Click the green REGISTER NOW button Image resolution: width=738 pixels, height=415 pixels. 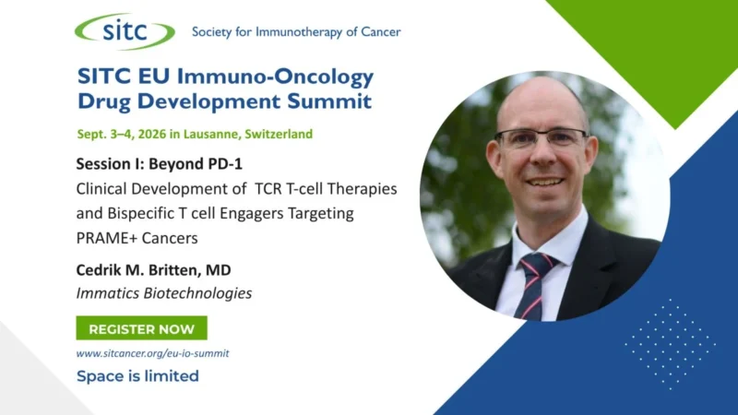pyautogui.click(x=142, y=328)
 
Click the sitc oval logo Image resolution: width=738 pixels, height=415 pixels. pyautogui.click(x=125, y=31)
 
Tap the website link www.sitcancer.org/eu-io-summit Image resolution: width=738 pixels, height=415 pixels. pyautogui.click(x=152, y=353)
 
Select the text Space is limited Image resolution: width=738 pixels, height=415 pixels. pyautogui.click(x=137, y=376)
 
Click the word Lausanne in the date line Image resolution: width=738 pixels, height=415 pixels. pyautogui.click(x=211, y=134)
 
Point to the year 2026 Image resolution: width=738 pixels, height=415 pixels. pyautogui.click(x=152, y=134)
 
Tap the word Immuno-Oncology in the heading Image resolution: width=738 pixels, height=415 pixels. pyautogui.click(x=275, y=77)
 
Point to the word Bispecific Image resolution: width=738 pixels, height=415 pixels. pyautogui.click(x=141, y=214)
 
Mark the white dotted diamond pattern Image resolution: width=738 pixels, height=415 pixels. pyautogui.click(x=670, y=344)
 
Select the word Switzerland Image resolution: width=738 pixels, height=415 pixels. pyautogui.click(x=279, y=134)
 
